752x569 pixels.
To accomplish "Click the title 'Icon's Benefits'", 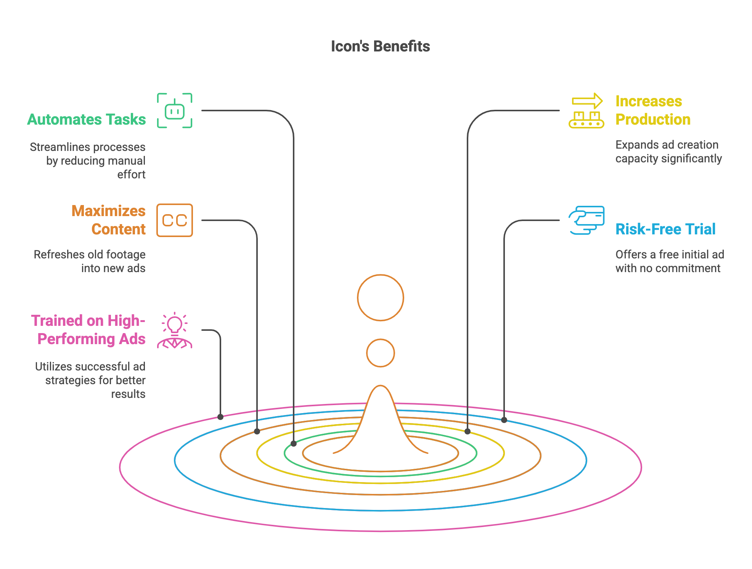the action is coord(380,46).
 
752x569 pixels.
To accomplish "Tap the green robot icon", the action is coord(175,111).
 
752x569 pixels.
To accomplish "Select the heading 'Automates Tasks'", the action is coord(87,119).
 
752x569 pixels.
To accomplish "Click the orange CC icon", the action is coord(175,220).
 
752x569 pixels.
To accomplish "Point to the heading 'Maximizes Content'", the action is coord(109,220).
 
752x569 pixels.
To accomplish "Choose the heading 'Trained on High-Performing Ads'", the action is coord(88,330).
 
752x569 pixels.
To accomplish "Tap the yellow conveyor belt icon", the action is coord(586,111).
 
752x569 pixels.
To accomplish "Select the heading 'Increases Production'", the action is coord(653,110).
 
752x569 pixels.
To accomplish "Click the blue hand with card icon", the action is coord(586,220).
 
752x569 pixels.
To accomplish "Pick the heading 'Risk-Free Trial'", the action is coord(665,229).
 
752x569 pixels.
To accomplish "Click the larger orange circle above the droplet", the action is coord(381,275).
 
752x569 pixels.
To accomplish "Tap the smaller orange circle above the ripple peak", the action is coord(381,339).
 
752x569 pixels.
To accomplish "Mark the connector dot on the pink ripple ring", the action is coord(220,417).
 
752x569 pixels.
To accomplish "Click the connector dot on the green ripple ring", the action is coord(294,444).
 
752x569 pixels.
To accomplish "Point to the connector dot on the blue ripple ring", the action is coord(504,420).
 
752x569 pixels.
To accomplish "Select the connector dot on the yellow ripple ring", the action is coord(468,431).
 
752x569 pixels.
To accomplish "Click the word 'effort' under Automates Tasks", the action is coord(132,175).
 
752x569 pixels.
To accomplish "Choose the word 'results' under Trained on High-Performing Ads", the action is coord(129,394).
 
